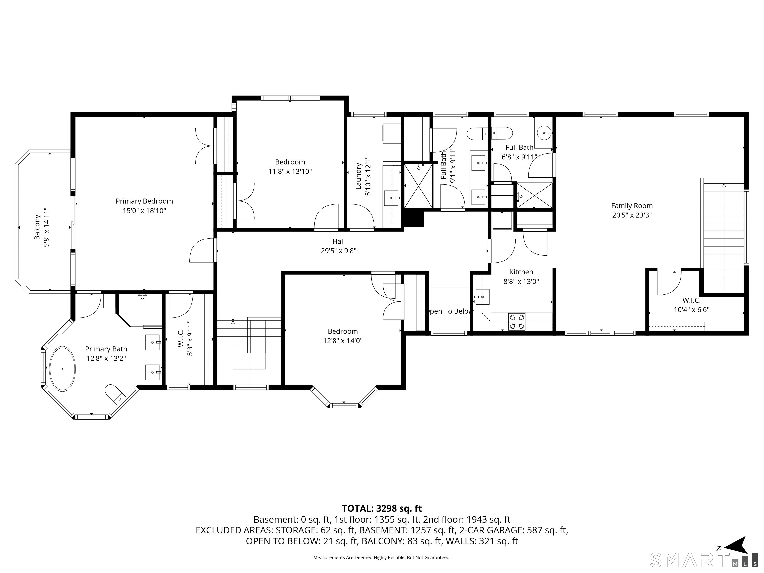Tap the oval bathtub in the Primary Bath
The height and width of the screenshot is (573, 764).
(62, 369)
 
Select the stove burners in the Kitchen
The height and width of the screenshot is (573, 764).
(517, 321)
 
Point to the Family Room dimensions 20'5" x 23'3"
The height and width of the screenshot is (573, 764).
(632, 215)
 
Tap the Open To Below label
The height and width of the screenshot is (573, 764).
(449, 311)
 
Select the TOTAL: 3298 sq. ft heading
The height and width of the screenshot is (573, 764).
(382, 508)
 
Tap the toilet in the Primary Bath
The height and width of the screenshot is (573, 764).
(115, 394)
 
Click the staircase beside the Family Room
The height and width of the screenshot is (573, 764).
(723, 238)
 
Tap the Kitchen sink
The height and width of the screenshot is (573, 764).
(482, 297)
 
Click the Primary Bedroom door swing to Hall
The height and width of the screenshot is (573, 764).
(202, 250)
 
